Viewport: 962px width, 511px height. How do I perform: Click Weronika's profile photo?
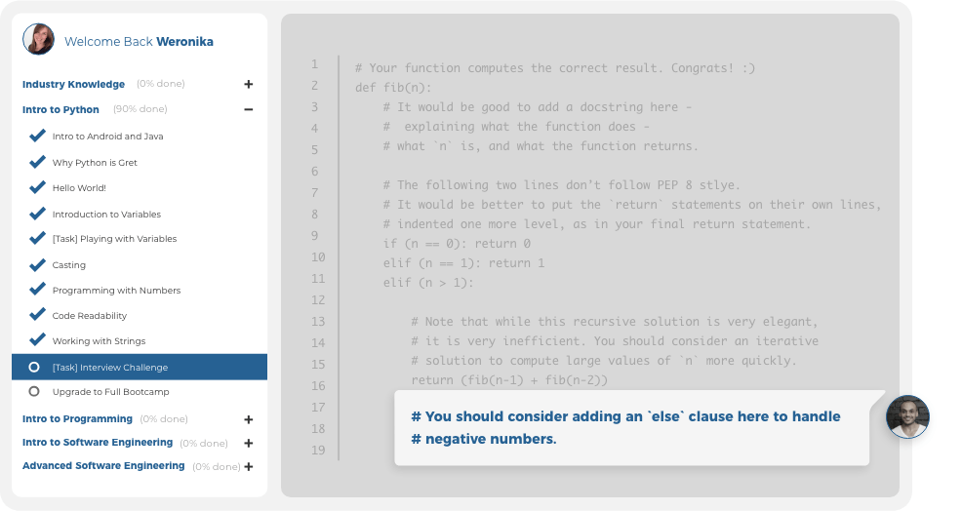[39, 39]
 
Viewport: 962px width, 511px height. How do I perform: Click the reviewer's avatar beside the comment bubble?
[907, 416]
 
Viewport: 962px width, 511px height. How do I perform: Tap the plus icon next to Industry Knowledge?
[249, 85]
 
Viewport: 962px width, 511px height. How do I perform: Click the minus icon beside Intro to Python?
[249, 110]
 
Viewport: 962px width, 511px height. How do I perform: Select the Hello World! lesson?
[79, 188]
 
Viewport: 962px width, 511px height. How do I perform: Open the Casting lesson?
[69, 265]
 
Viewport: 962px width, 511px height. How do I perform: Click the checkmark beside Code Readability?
[38, 315]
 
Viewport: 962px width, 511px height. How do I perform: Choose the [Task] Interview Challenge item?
[110, 368]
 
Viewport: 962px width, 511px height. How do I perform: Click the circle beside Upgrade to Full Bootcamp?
[34, 391]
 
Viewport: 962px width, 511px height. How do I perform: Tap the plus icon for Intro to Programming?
[249, 419]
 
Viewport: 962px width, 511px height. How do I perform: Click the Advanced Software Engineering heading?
[103, 466]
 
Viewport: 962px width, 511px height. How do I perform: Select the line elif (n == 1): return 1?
[463, 263]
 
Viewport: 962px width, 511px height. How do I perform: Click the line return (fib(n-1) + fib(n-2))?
[509, 380]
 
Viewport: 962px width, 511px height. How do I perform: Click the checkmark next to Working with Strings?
[38, 340]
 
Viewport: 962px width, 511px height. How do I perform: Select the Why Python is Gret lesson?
[95, 163]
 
